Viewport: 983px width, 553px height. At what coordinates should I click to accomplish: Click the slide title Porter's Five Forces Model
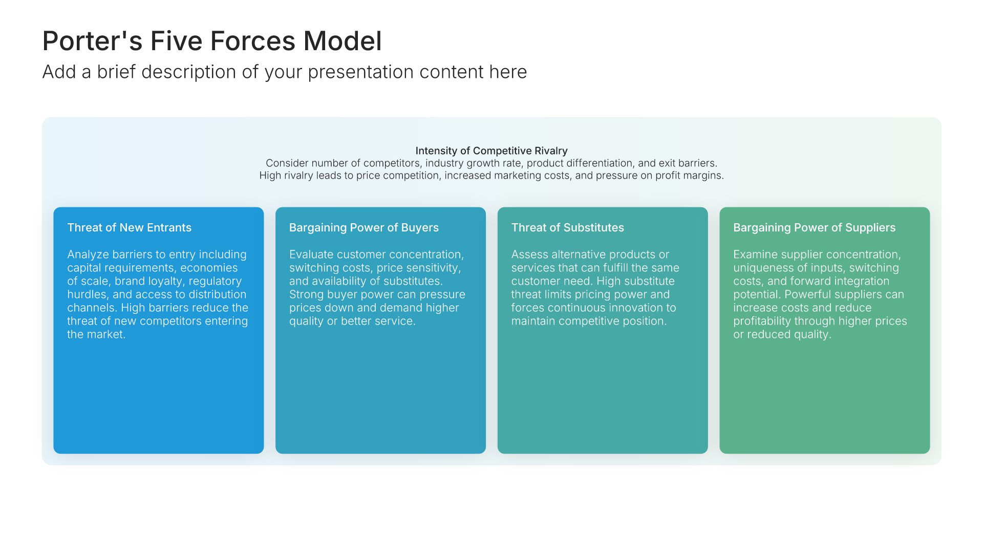point(212,41)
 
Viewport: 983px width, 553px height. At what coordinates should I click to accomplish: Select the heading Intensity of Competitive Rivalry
point(491,151)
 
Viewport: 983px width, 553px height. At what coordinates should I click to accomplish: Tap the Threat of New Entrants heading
point(129,227)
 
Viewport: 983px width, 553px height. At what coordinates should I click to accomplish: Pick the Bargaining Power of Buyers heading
point(364,228)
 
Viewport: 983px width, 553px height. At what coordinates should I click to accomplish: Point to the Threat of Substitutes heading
point(567,227)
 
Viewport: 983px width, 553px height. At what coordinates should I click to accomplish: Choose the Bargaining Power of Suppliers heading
point(814,228)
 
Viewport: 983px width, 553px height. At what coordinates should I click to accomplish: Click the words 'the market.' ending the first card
point(96,334)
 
